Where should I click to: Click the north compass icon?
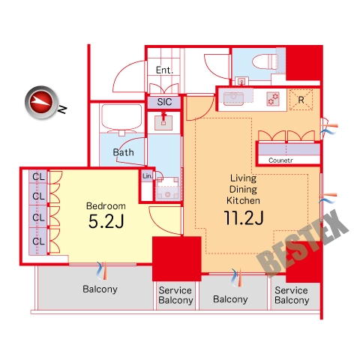tap(42, 102)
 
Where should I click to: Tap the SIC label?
tap(164, 102)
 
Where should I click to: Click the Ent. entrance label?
tap(164, 70)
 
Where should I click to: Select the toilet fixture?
tap(265, 61)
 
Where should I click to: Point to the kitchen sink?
tap(233, 98)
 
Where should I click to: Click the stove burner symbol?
tap(273, 99)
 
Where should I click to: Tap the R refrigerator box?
tap(301, 100)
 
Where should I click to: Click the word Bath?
tap(123, 152)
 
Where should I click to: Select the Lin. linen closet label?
tap(147, 176)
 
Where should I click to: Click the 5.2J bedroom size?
tap(106, 221)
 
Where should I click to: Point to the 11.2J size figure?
tap(244, 217)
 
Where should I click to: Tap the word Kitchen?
tap(243, 200)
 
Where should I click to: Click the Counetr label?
tap(280, 160)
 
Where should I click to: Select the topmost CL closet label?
tap(38, 177)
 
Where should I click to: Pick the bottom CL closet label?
tap(38, 241)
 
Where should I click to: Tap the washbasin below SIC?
tap(163, 122)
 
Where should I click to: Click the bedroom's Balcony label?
tap(100, 289)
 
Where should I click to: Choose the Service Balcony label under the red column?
tap(175, 295)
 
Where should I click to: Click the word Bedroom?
tap(106, 206)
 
